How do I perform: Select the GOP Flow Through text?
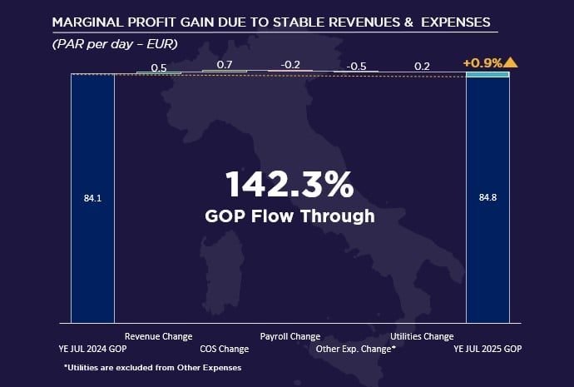pos(289,216)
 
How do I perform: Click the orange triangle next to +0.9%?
pos(509,62)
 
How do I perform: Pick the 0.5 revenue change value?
pos(158,67)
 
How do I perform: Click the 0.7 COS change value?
pos(224,64)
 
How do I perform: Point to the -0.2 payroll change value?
pos(290,64)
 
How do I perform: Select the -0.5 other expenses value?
pos(356,66)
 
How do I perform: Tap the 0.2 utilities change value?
pos(422,66)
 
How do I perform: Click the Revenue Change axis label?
pos(158,336)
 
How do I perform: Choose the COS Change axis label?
pos(225,350)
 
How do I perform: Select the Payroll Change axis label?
pos(290,336)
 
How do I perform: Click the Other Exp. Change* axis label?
pos(355,350)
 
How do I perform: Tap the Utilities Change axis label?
pos(422,336)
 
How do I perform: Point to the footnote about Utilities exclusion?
pos(152,367)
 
